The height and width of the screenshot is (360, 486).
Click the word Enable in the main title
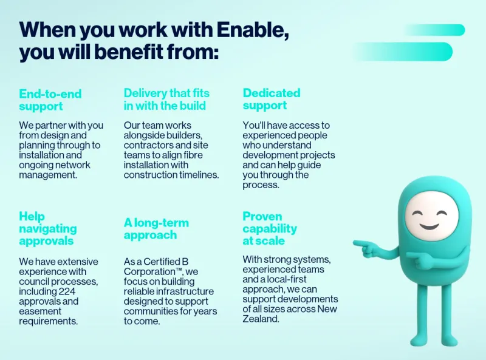coord(252,30)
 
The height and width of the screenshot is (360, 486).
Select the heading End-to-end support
coord(50,100)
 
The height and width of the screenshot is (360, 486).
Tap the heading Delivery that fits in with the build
coord(166,99)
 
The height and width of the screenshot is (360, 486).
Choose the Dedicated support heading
coord(272,99)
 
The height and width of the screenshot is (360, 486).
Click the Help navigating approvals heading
coord(48,228)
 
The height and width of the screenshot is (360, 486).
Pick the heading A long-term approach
coord(156,229)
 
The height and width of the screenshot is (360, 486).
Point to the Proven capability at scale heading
coord(270,228)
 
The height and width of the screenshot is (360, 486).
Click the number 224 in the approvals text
coord(67,291)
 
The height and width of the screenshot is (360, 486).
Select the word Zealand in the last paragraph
coord(261,319)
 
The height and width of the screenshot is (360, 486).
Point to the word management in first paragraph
coord(48,175)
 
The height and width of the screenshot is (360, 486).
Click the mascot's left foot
coord(419,341)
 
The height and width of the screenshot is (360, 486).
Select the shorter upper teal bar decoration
coord(434,30)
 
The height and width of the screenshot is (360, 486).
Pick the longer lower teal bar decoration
coord(402,52)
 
